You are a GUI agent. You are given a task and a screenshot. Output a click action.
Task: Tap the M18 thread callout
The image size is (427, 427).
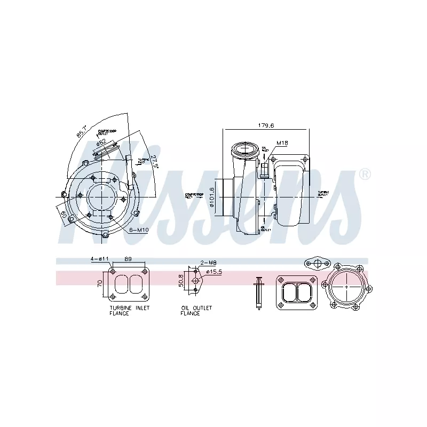[282, 143]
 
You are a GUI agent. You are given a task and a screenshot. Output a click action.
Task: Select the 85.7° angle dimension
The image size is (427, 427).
[82, 131]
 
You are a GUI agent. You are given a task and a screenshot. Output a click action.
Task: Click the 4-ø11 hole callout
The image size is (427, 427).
[99, 259]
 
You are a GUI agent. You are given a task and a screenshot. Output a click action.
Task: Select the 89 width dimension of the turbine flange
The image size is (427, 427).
[128, 259]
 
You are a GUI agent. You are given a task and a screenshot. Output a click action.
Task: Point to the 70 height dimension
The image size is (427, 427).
[99, 282]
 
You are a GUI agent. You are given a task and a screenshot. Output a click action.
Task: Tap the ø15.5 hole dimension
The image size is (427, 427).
[213, 272]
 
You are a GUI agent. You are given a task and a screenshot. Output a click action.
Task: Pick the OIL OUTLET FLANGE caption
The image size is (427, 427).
[196, 311]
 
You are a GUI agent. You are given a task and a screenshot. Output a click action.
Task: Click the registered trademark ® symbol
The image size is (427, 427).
[365, 174]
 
